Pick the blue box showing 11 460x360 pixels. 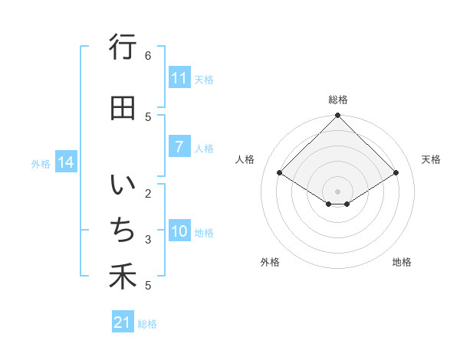[179, 78]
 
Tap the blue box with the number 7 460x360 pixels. [179, 147]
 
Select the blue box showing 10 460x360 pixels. [179, 232]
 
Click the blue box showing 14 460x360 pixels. [66, 162]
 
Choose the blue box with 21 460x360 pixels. [123, 322]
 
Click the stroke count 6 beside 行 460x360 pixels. [148, 56]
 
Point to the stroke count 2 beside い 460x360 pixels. [148, 193]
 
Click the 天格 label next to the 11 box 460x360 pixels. [204, 79]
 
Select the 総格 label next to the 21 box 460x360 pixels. [147, 324]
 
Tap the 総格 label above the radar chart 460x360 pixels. [337, 100]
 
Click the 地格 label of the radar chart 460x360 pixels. [402, 262]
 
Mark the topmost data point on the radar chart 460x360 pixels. [337, 116]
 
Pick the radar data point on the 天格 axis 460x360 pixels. [396, 173]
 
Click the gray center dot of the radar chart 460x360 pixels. [337, 191]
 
